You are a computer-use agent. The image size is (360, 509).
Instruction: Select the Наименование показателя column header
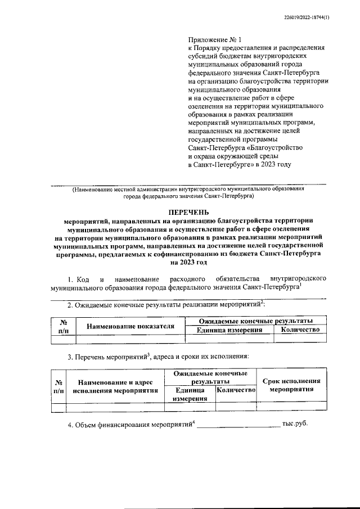pos(130,326)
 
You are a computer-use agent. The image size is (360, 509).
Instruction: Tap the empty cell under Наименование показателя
pos(130,339)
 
